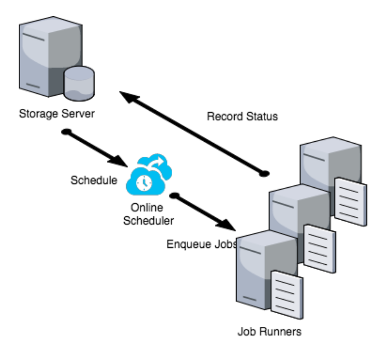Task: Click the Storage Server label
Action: coord(57,115)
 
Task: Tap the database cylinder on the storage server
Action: coord(79,82)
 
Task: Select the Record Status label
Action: coord(242,116)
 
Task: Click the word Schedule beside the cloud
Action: coord(94,180)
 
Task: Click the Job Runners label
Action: coord(270,332)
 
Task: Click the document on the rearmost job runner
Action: coord(350,201)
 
